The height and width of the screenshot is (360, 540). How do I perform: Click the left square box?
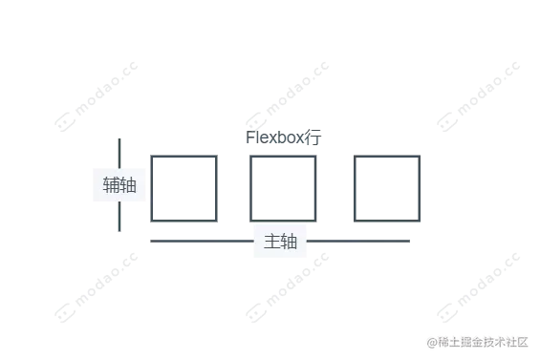coord(183,190)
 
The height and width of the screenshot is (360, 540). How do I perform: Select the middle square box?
coord(283,190)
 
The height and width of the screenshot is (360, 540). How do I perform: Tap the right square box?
coord(385,190)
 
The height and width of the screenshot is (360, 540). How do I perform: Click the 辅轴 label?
coord(119,185)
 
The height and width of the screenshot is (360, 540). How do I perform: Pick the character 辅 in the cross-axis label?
coord(112,185)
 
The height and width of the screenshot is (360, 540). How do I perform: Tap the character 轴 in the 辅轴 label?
coord(128,185)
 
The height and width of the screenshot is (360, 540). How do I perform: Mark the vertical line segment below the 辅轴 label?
coord(118,219)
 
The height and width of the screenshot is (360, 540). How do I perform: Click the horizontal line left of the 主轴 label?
coord(198,241)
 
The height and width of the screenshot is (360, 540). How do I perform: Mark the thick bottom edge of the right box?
coord(385,223)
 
